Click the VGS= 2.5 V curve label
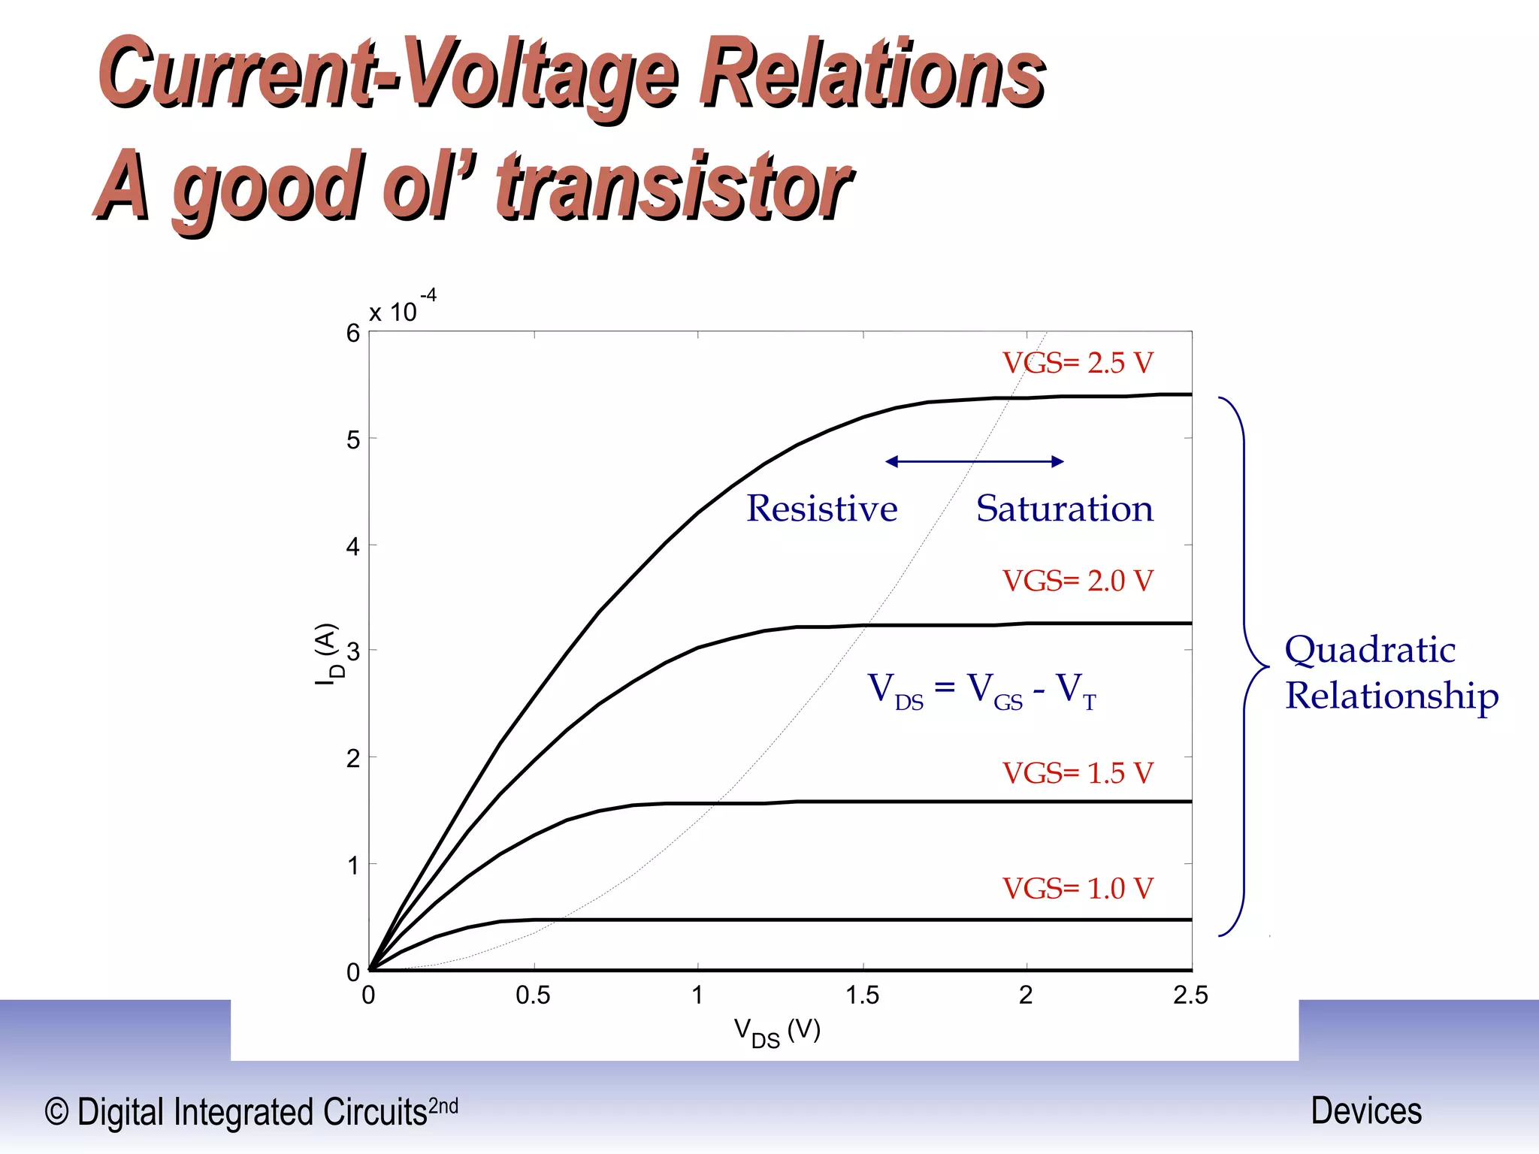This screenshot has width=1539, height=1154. pyautogui.click(x=1077, y=363)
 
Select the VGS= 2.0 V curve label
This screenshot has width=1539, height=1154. pyautogui.click(x=1077, y=581)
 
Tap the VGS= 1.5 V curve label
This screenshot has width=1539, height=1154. pyautogui.click(x=1077, y=773)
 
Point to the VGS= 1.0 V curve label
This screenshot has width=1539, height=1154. pyautogui.click(x=1077, y=889)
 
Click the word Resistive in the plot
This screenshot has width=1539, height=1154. pyautogui.click(x=821, y=509)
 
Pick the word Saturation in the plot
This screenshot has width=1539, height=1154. pyautogui.click(x=1064, y=509)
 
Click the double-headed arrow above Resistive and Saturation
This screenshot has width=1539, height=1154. pyautogui.click(x=975, y=461)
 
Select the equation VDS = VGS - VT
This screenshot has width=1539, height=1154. pyautogui.click(x=981, y=690)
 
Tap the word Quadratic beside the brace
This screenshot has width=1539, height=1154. pyautogui.click(x=1370, y=650)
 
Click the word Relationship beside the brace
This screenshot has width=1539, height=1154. pyautogui.click(x=1392, y=696)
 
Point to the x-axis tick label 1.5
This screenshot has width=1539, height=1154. pyautogui.click(x=862, y=995)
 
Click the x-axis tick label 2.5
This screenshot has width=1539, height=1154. pyautogui.click(x=1190, y=995)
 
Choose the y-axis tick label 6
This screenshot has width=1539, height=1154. pyautogui.click(x=353, y=334)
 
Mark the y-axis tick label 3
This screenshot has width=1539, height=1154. pyautogui.click(x=353, y=651)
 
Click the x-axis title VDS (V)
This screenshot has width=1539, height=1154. pyautogui.click(x=776, y=1032)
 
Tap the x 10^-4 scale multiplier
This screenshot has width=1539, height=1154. pyautogui.click(x=402, y=308)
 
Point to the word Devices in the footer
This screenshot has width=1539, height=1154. pyautogui.click(x=1366, y=1110)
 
